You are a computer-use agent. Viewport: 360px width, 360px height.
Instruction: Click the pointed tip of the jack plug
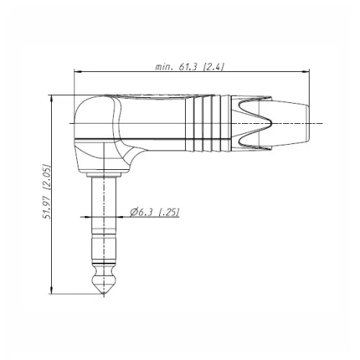[104, 293]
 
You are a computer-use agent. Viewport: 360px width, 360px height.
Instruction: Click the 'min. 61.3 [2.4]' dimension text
[189, 66]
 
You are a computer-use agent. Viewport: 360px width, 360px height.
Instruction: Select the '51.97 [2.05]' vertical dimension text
[47, 192]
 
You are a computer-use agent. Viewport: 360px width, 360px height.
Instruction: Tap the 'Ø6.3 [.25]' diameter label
[155, 212]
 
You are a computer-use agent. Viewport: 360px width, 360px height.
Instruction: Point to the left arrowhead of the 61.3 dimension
[77, 71]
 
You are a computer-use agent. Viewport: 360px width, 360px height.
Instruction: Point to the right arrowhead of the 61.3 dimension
[306, 71]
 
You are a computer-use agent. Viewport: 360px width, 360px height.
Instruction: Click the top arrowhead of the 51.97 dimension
[51, 98]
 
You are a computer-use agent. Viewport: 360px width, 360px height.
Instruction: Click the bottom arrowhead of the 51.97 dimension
[51, 290]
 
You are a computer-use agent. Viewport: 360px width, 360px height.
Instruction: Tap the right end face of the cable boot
[308, 123]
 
